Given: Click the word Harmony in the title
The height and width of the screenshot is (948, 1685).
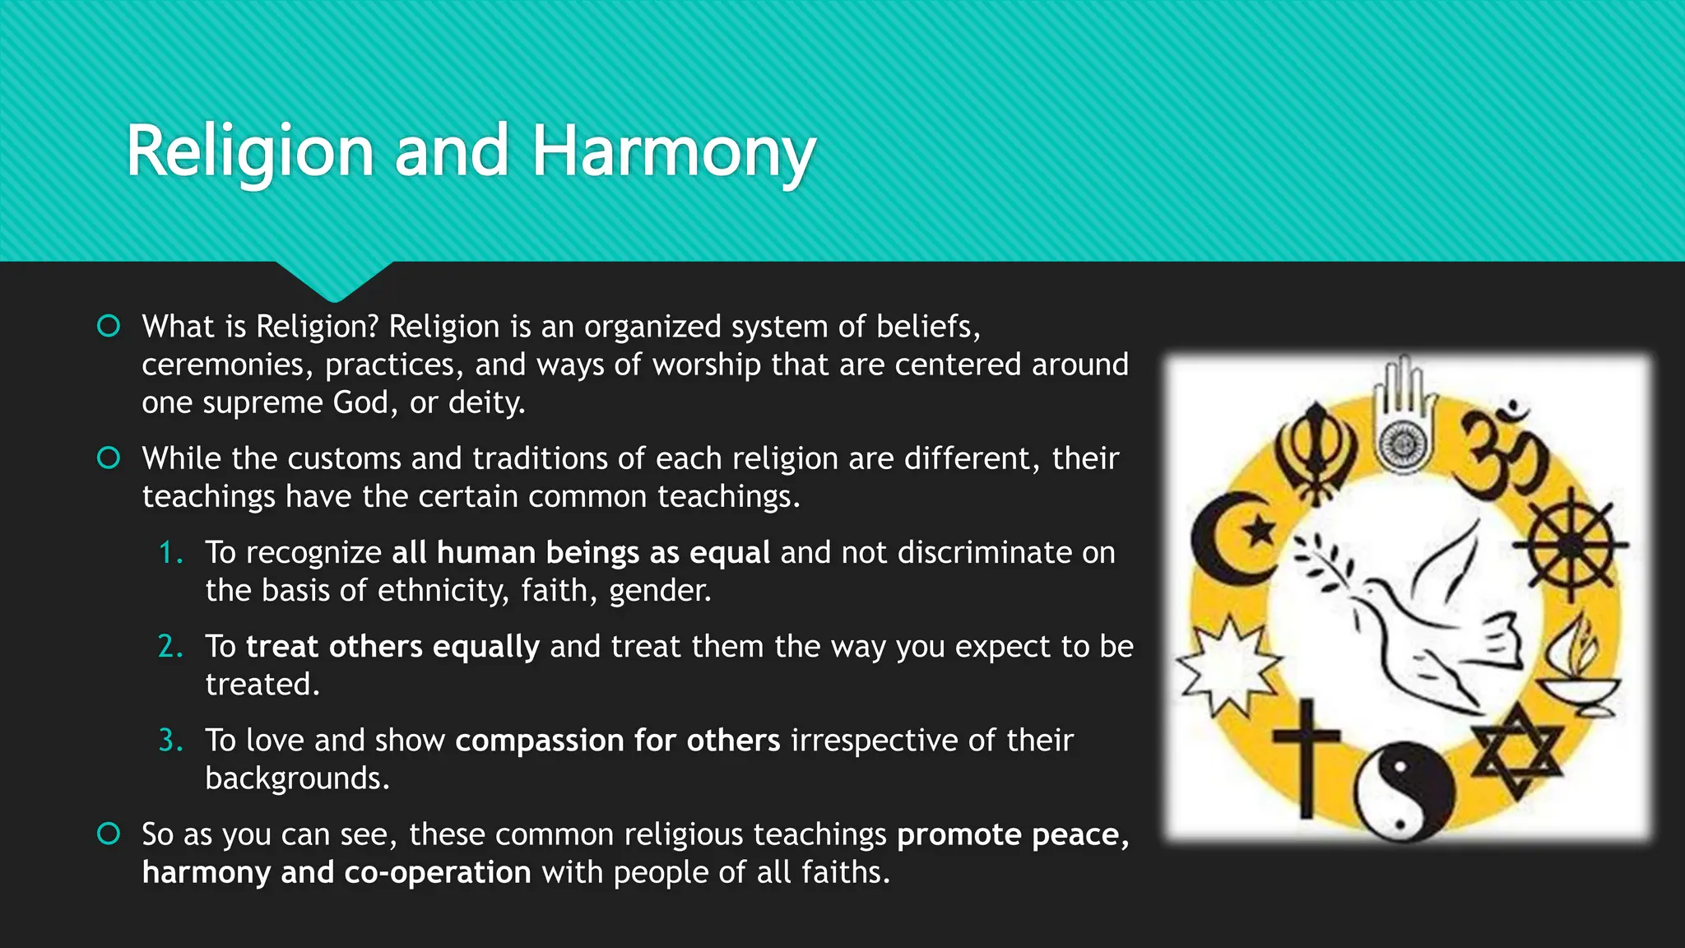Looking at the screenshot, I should pyautogui.click(x=673, y=152).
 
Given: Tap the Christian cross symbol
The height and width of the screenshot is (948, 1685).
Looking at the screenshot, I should pyautogui.click(x=1306, y=755).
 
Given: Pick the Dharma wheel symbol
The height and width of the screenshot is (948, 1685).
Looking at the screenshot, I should pyautogui.click(x=1571, y=544).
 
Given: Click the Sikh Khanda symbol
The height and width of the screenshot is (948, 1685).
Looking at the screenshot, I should pyautogui.click(x=1316, y=453).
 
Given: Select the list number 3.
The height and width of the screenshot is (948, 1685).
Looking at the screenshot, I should pyautogui.click(x=169, y=741).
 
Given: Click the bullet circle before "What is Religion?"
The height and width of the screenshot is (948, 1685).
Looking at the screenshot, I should pyautogui.click(x=109, y=327).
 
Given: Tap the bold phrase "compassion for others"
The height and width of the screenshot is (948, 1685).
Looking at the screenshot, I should pyautogui.click(x=617, y=741).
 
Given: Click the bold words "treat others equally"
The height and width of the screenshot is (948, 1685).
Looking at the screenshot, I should pyautogui.click(x=392, y=647).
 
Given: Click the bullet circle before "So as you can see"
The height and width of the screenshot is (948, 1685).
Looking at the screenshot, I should pyautogui.click(x=109, y=834).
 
